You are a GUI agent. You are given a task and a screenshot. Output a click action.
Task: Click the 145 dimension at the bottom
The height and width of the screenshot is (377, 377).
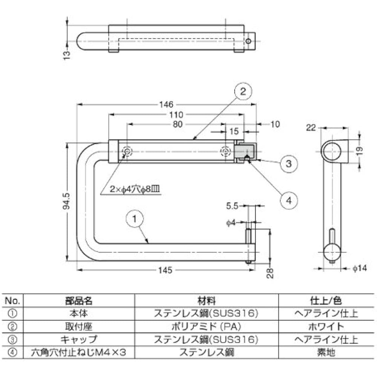click(x=166, y=270)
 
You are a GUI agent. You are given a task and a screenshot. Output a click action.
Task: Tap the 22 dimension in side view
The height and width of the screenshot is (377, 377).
click(x=311, y=128)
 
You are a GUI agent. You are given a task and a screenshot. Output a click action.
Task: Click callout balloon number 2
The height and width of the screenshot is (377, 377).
click(x=243, y=91)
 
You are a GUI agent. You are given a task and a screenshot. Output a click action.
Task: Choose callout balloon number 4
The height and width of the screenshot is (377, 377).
click(x=288, y=201)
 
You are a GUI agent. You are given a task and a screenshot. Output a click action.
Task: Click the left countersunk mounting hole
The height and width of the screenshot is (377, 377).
click(x=127, y=152)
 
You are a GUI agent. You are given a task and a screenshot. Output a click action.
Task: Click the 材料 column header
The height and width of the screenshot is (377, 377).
click(x=206, y=300)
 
